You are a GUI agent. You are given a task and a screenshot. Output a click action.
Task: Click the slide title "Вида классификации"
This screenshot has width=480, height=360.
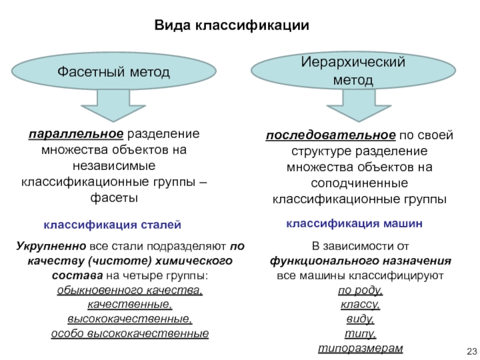232,26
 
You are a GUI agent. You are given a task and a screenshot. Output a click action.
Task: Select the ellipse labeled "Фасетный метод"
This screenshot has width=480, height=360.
113,72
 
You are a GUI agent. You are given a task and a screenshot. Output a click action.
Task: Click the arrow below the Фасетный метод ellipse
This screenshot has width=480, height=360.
113,106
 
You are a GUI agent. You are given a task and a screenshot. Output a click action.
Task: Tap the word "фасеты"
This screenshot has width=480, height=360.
113,197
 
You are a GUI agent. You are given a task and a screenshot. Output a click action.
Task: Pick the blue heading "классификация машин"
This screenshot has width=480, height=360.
354,224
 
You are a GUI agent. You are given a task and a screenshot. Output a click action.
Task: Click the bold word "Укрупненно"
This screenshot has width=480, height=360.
52,247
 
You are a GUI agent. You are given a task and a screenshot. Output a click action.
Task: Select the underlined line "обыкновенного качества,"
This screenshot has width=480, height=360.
130,290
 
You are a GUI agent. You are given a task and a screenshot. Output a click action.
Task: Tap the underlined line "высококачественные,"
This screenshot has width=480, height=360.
130,319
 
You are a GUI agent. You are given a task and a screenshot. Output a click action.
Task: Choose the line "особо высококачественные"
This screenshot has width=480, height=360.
130,334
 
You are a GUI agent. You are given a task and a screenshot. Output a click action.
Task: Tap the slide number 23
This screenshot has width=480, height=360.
470,352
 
